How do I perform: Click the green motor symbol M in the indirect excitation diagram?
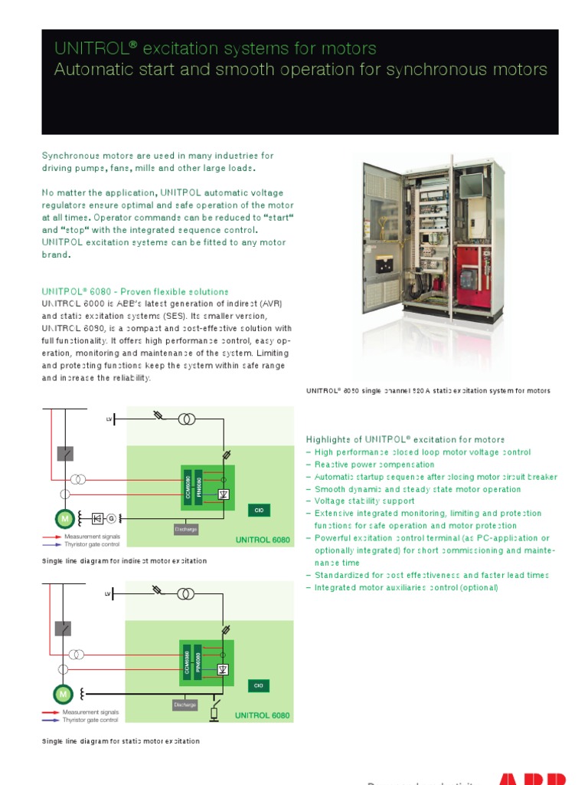point(64,519)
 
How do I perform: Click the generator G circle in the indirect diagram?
point(110,519)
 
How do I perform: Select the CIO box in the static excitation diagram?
point(258,685)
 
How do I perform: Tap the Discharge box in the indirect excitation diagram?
point(185,529)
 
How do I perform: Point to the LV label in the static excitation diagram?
point(109,595)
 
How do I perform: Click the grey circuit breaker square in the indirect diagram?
point(65,454)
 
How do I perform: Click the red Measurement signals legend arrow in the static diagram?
point(50,712)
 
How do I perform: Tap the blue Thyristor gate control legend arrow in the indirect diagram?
point(50,544)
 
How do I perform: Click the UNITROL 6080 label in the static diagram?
point(263,715)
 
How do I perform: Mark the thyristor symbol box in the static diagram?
point(223,668)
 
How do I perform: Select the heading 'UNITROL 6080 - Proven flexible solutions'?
point(135,292)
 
